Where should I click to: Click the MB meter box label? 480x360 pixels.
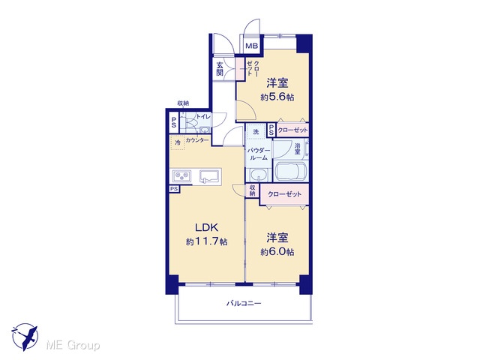(252, 46)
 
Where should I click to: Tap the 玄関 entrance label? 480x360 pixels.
(220, 69)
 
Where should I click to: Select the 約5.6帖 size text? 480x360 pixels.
(277, 97)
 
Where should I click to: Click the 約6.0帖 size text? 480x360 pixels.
(277, 252)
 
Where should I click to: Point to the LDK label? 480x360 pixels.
(207, 227)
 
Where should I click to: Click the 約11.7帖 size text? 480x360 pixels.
(207, 241)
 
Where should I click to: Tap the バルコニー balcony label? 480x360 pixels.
(244, 303)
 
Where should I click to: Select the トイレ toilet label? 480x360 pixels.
(203, 117)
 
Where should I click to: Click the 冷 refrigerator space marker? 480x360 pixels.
(178, 142)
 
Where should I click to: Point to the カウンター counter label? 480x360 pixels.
(197, 140)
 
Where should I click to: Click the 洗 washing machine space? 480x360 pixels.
(256, 132)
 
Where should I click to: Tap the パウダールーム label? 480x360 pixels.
(259, 154)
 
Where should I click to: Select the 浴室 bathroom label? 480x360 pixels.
(297, 148)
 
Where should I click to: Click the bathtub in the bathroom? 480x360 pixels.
(290, 172)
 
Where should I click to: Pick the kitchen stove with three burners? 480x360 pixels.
(181, 177)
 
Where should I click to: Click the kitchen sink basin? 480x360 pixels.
(208, 177)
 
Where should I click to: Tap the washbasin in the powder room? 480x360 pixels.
(259, 175)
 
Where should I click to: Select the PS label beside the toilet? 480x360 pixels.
(173, 122)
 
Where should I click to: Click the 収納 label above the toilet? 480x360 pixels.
(183, 103)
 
